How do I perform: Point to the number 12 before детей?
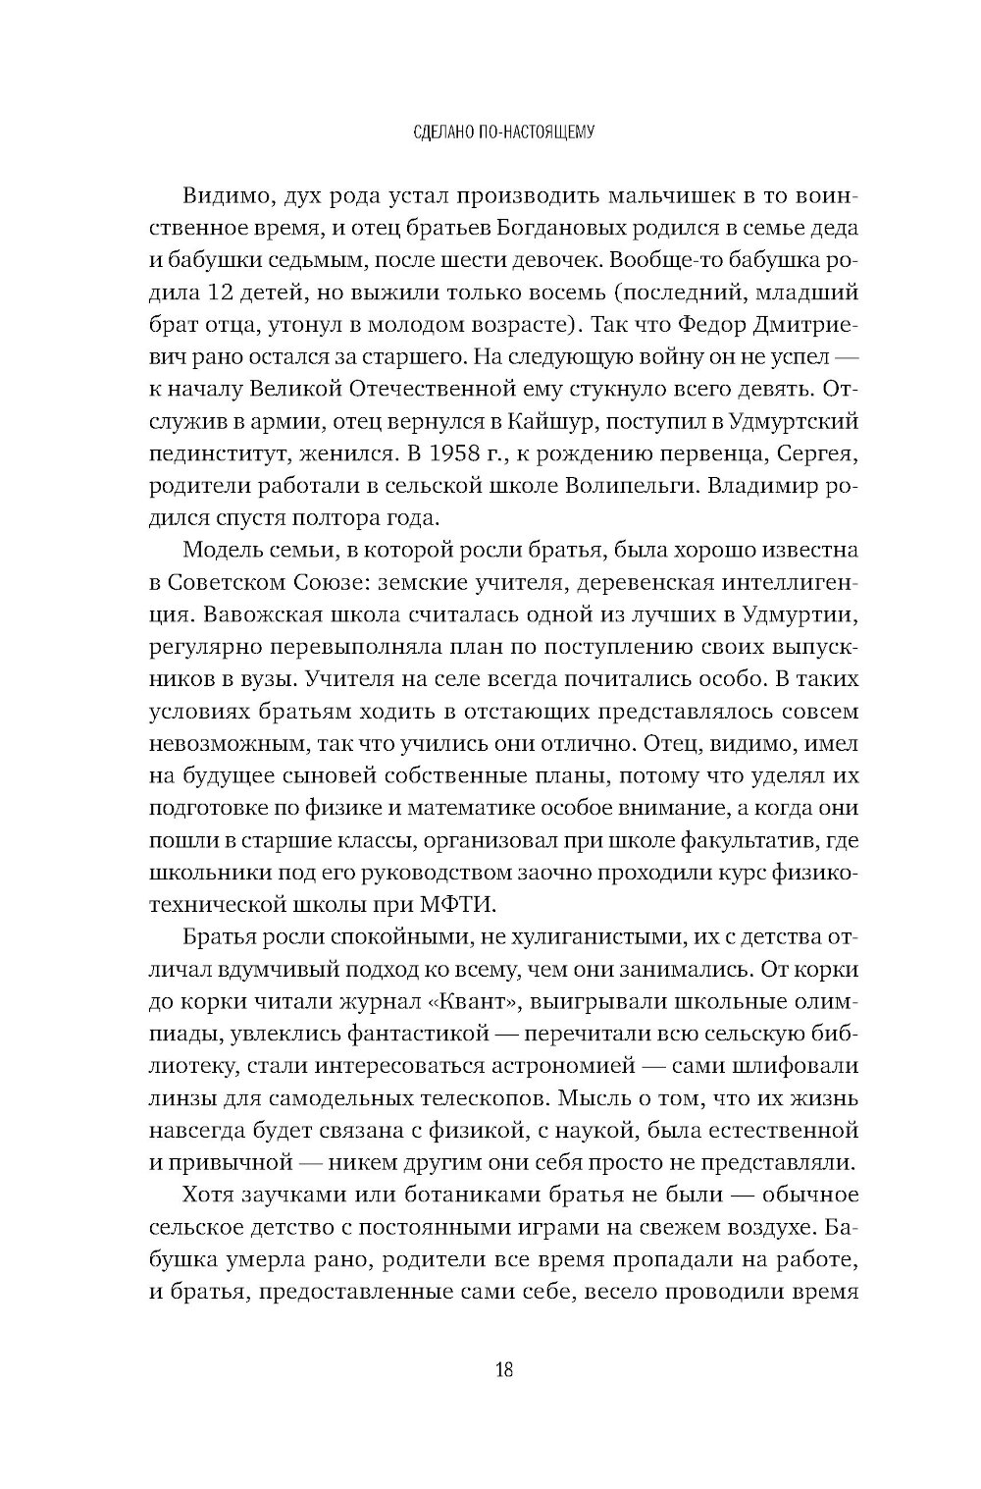point(223,292)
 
